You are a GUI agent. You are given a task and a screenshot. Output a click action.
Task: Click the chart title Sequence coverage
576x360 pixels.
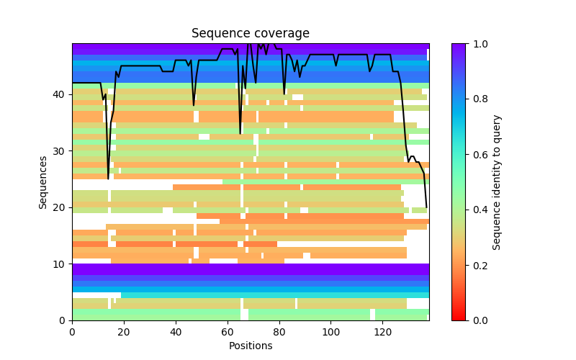251,34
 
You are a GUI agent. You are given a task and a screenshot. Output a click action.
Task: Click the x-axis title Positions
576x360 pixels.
251,346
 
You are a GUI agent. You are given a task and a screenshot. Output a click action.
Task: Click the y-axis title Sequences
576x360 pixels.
43,182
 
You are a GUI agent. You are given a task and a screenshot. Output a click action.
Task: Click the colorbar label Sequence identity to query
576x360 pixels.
497,182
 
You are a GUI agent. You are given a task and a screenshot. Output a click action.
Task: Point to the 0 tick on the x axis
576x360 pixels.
72,331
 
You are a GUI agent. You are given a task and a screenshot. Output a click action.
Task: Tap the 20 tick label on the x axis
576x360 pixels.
124,331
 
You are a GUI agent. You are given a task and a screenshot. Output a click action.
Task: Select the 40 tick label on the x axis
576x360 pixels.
176,331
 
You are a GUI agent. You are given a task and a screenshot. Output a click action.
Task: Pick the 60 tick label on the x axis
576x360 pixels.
228,331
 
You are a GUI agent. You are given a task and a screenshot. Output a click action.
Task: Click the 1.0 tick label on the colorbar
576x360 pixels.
480,44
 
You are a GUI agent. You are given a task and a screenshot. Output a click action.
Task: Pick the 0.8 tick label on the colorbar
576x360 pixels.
480,99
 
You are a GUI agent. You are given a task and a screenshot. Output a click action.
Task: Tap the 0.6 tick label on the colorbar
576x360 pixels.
480,155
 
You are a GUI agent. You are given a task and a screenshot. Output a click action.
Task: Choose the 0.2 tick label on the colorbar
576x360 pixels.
480,265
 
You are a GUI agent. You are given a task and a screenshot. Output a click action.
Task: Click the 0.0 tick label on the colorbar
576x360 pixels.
480,320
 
